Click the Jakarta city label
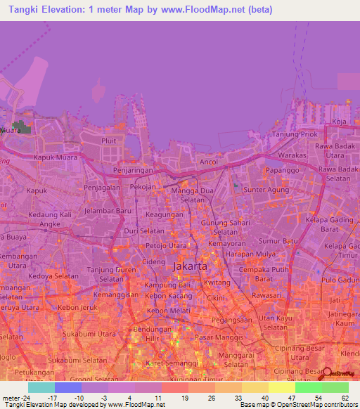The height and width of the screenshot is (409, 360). (x=190, y=267)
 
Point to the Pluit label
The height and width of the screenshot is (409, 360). (x=108, y=141)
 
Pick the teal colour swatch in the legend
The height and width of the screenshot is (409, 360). (x=41, y=387)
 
